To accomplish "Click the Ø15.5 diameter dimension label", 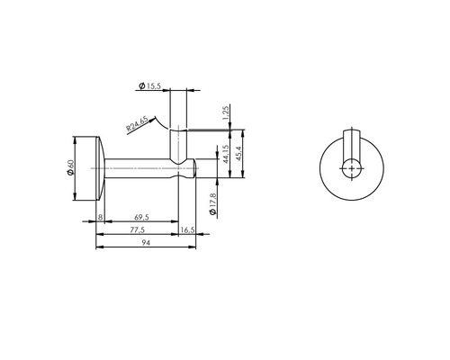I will tap(150, 85).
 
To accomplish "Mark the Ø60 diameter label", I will tap(69, 168).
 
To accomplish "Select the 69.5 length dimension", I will tap(139, 218).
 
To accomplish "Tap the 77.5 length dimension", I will tap(137, 231).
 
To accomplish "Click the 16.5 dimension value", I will tap(187, 231).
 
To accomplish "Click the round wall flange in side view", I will tap(97, 168).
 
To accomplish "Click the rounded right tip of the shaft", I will tap(193, 168).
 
